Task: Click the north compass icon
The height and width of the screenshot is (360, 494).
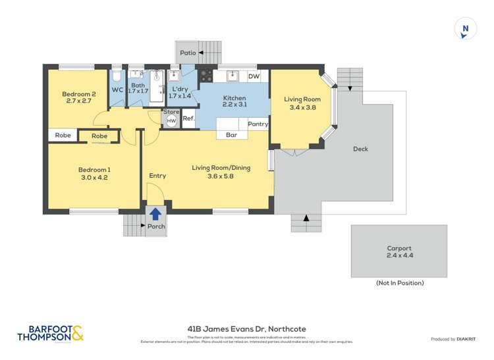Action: (x=466, y=29)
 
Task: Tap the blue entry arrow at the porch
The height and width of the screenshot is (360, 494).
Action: (x=155, y=214)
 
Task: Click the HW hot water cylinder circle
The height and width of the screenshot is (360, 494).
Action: (x=171, y=121)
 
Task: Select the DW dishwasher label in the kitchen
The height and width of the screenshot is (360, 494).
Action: (x=254, y=76)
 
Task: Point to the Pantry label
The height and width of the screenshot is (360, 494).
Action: (x=258, y=124)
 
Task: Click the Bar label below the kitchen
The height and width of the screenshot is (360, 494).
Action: (x=231, y=135)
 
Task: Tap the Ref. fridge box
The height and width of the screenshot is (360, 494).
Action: (x=188, y=118)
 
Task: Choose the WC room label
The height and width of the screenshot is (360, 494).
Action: (x=117, y=90)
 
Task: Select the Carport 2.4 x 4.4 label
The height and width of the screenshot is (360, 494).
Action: (x=399, y=252)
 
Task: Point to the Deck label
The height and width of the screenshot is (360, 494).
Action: (x=360, y=149)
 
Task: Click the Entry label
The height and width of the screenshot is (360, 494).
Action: (x=157, y=176)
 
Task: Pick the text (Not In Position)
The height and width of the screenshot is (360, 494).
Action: (x=399, y=283)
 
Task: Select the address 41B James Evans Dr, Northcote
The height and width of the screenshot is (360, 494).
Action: (x=247, y=328)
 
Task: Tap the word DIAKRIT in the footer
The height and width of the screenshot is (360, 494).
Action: (x=466, y=339)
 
